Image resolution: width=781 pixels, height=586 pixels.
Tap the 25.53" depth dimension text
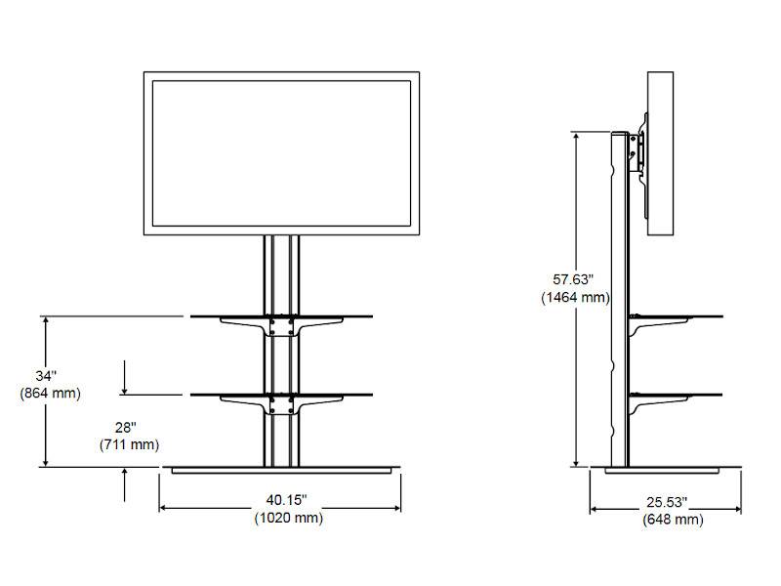(x=666, y=502)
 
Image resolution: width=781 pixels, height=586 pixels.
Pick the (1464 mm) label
(x=576, y=297)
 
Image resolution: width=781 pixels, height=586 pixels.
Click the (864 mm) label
(x=49, y=393)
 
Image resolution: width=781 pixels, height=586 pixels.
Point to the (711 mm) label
(x=128, y=445)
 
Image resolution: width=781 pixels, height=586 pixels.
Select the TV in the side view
(x=661, y=153)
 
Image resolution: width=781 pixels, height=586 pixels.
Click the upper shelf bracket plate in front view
(x=280, y=326)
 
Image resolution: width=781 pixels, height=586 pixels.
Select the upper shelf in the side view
(x=678, y=316)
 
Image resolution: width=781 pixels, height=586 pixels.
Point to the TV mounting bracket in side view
(x=637, y=149)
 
